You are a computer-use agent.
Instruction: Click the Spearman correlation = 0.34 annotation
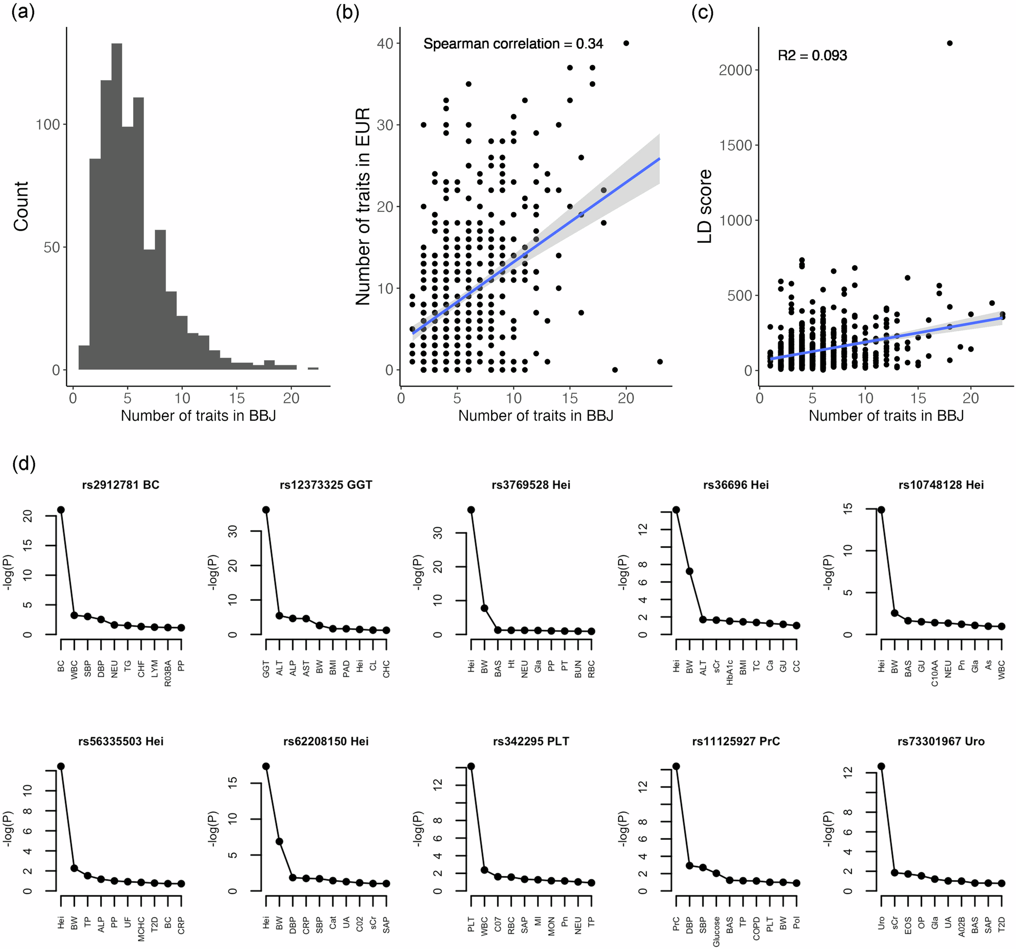pos(513,44)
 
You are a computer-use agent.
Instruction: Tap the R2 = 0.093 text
pos(812,55)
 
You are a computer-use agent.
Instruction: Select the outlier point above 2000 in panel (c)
pos(949,44)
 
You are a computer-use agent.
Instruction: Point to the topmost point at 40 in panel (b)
pos(626,44)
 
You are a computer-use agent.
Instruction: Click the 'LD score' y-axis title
pos(705,206)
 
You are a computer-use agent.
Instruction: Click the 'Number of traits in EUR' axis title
pos(362,206)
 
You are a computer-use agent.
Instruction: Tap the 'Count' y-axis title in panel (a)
pos(21,206)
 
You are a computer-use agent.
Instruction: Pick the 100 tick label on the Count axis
pos(48,124)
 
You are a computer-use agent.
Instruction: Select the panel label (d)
pos(23,464)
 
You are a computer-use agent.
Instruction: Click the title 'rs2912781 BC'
pos(120,485)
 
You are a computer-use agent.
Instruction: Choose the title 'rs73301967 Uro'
pos(941,741)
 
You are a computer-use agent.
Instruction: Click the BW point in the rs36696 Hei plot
pos(689,571)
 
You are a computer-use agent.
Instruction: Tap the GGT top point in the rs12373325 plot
pos(266,510)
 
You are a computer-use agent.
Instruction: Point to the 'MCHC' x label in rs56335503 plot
pos(141,929)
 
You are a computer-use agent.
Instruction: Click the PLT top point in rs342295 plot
pos(471,766)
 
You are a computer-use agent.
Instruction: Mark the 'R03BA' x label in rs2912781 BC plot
pos(168,673)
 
